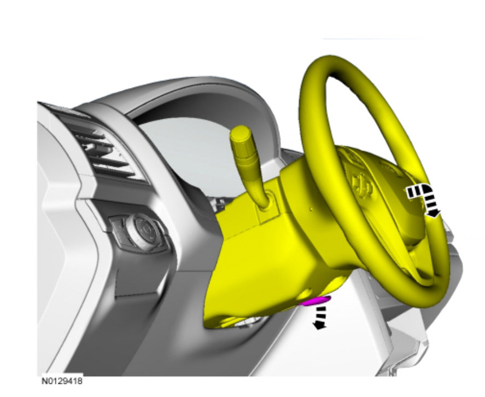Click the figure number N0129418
(62, 381)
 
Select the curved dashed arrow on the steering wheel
(424, 199)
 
